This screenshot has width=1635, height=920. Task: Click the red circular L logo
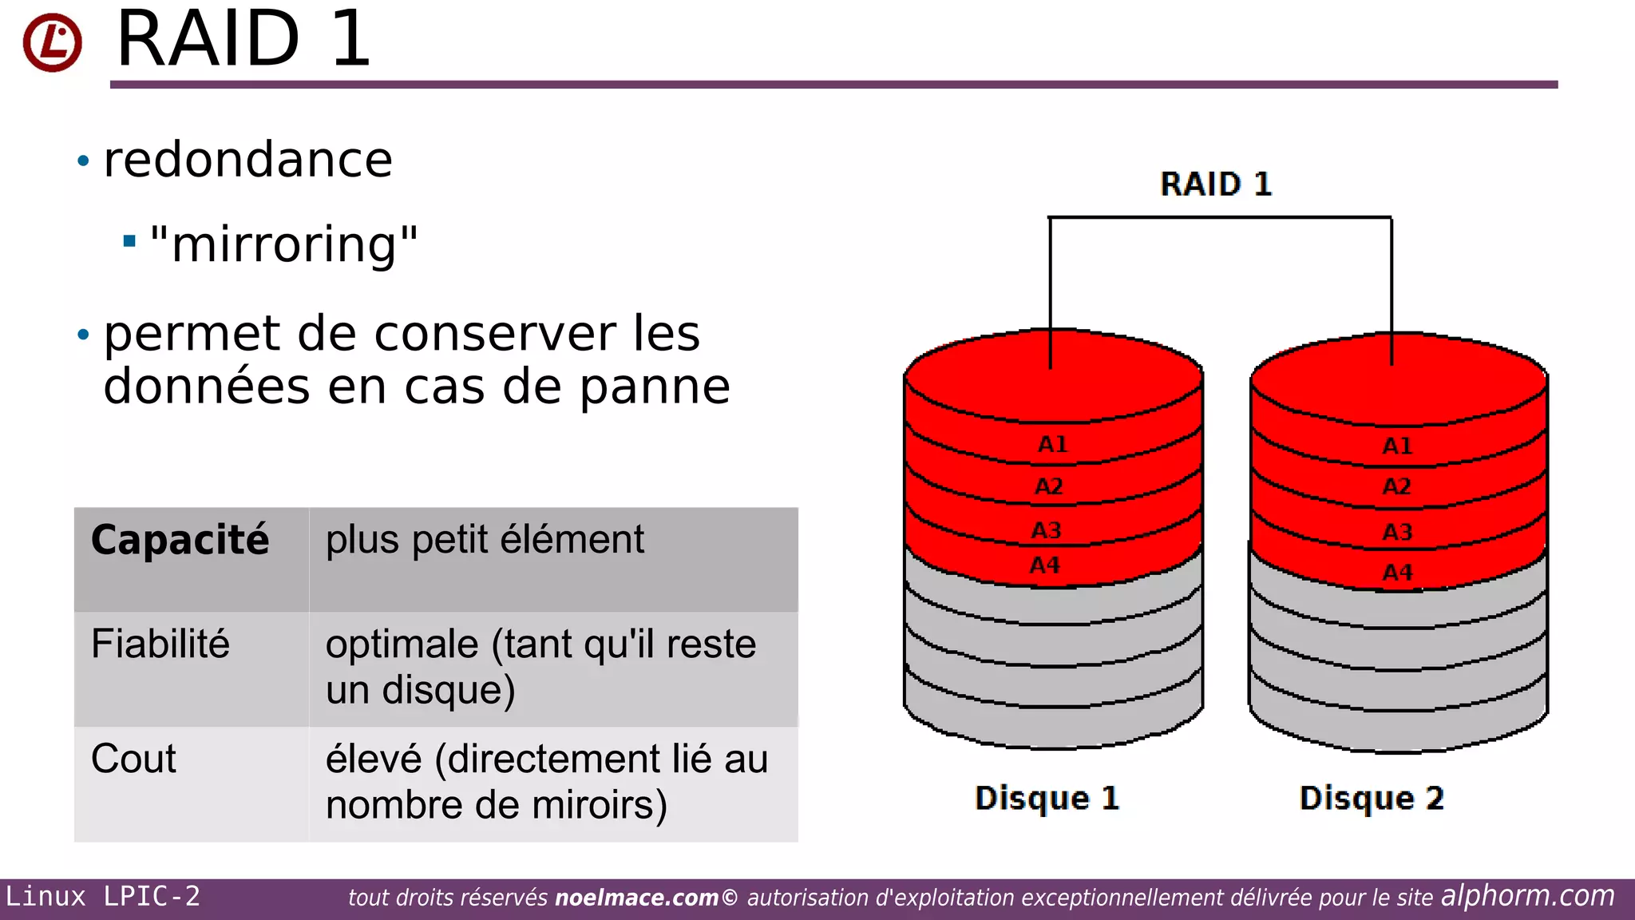[x=52, y=42]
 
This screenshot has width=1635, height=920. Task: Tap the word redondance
[x=248, y=160]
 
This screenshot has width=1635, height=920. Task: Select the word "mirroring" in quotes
[x=283, y=244]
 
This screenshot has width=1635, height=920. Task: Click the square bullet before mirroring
[x=129, y=240]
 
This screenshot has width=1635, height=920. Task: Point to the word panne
[x=655, y=387]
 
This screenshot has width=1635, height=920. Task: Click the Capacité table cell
[x=180, y=540]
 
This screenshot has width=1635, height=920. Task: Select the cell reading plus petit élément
[x=485, y=540]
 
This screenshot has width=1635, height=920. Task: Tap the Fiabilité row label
[x=160, y=644]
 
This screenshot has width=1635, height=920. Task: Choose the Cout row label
[x=133, y=759]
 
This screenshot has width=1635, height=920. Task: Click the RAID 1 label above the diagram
[x=1215, y=184]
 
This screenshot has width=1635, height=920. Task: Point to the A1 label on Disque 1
[x=1052, y=444]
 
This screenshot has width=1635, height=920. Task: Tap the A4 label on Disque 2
[x=1397, y=573]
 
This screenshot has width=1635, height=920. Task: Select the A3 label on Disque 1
[x=1047, y=530]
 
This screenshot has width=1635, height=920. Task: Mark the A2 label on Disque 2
[x=1397, y=486]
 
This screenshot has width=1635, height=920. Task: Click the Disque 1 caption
[x=1047, y=798]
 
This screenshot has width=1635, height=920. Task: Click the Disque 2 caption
[x=1372, y=798]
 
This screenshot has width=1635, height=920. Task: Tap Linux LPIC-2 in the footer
[x=103, y=897]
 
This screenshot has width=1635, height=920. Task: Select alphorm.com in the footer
[x=1527, y=896]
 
